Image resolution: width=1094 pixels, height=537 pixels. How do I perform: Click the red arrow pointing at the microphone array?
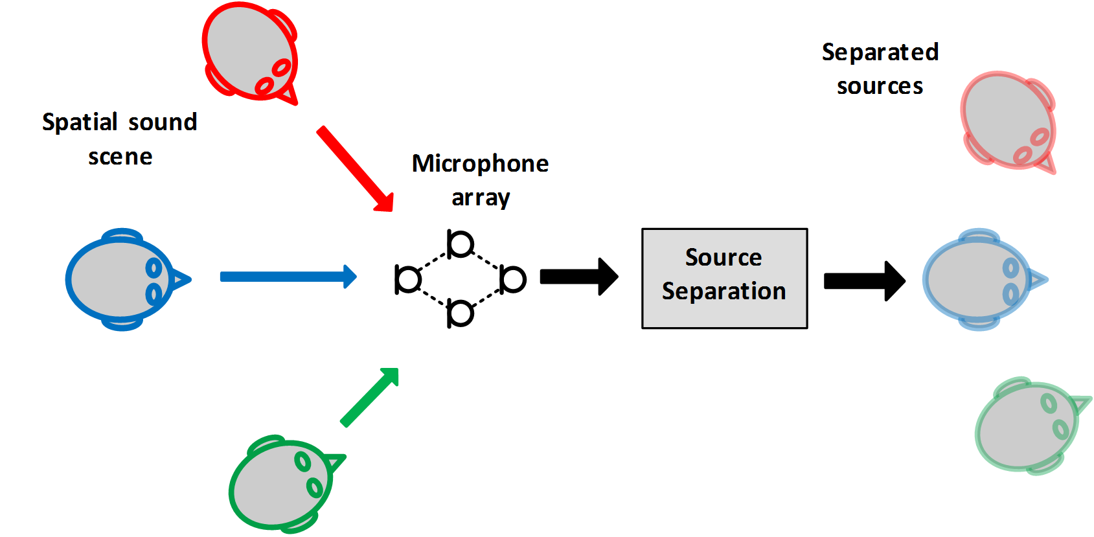pos(355,168)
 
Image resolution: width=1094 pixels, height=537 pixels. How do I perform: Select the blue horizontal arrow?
pos(288,277)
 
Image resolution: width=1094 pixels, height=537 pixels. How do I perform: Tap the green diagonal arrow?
pos(370,397)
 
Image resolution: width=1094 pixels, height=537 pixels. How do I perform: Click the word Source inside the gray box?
pos(724,258)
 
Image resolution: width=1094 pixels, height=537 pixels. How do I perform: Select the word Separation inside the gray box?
pos(724,291)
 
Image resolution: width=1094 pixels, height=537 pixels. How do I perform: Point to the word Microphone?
pos(480,164)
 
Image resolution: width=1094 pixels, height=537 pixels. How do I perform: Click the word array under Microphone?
pos(481,198)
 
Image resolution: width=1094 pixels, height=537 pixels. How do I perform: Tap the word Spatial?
pos(80,122)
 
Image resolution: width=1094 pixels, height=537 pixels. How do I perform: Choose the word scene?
pos(120,157)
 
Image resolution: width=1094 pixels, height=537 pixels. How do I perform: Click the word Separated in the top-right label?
pos(880,52)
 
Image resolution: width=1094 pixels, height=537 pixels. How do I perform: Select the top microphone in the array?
pos(461,244)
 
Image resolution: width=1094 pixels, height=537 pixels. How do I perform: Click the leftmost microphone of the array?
pos(408,279)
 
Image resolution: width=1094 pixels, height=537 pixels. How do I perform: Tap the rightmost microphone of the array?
pos(512,279)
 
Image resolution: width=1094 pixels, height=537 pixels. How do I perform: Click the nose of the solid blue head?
pos(182,280)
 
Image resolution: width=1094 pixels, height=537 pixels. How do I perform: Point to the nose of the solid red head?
pos(288,96)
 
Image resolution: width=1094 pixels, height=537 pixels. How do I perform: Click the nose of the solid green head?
pos(335,463)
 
